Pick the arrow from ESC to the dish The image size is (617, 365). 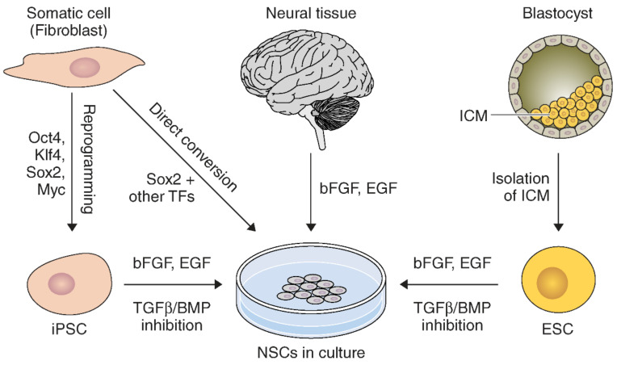pyautogui.click(x=447, y=284)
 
